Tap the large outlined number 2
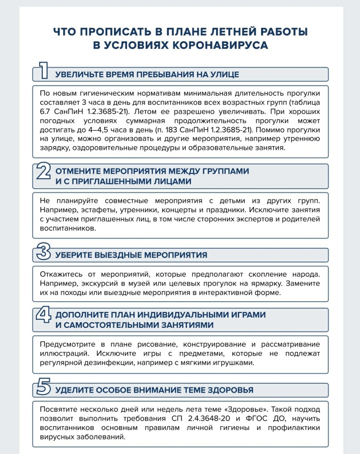click(x=44, y=172)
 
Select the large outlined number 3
click(x=44, y=251)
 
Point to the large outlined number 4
click(x=44, y=315)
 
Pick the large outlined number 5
click(x=44, y=387)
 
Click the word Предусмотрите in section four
click(x=68, y=344)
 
